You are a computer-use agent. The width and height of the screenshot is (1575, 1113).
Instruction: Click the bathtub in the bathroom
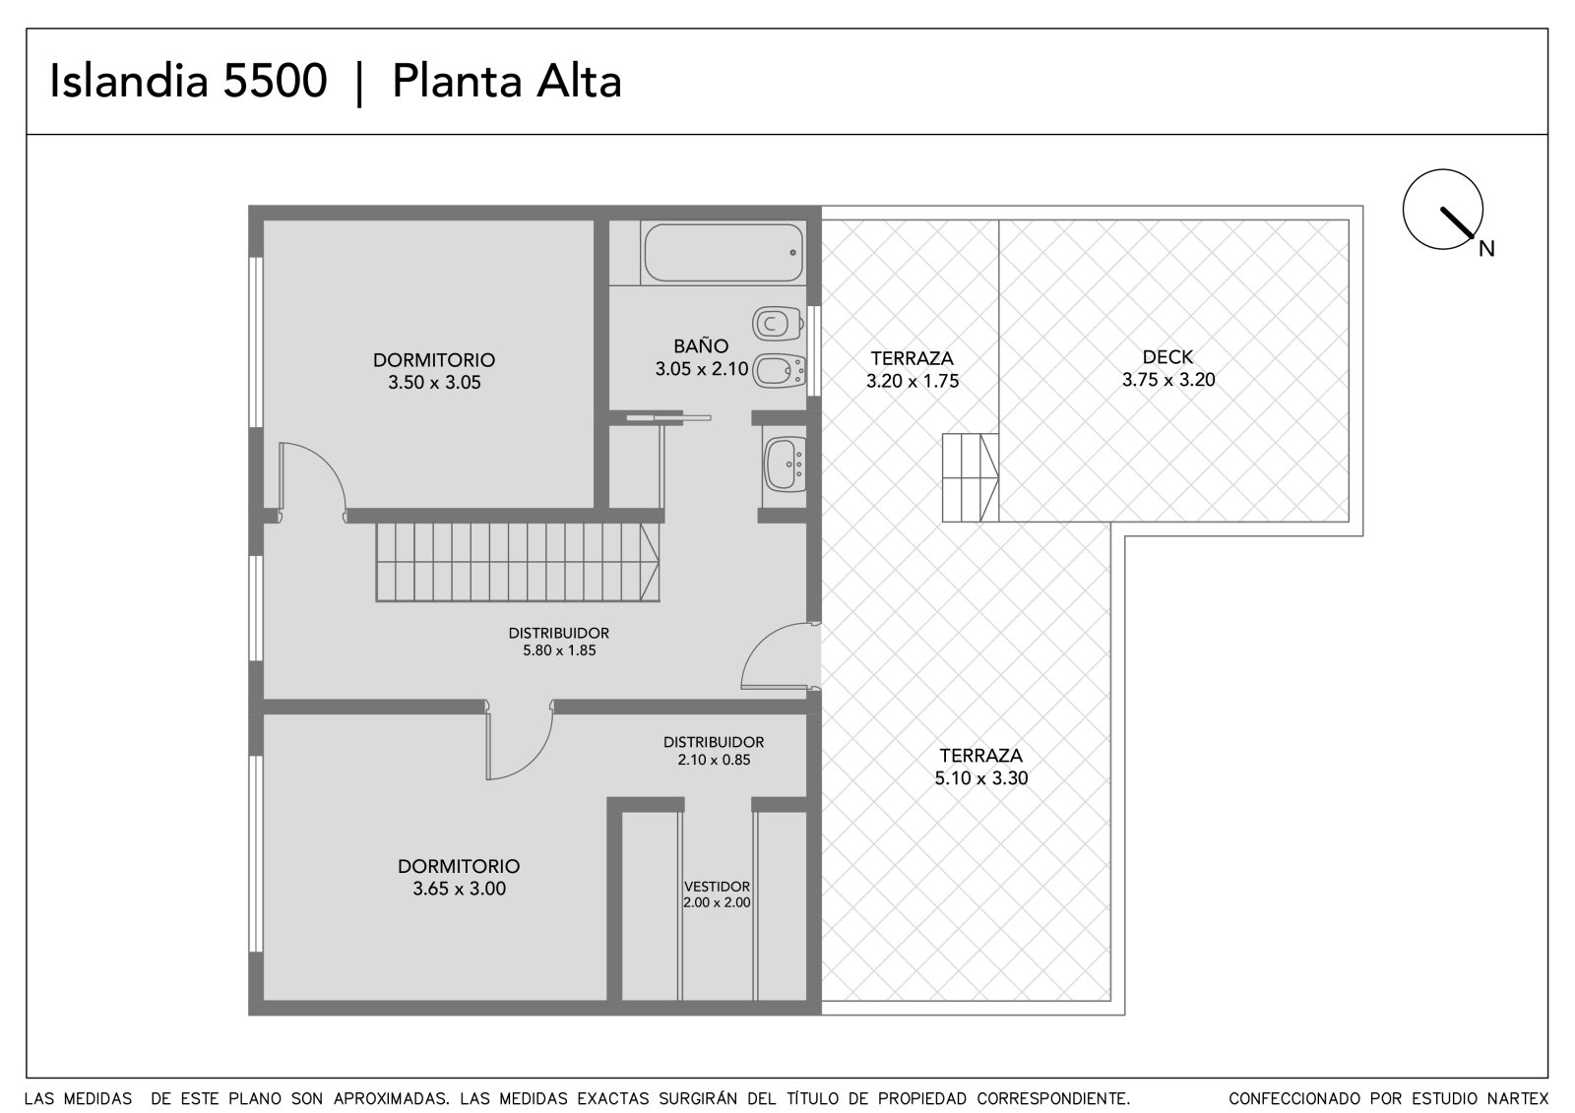pos(724,252)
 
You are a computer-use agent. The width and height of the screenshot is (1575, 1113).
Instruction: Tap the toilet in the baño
pos(778,324)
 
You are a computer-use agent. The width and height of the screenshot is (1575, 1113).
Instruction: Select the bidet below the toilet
pos(779,371)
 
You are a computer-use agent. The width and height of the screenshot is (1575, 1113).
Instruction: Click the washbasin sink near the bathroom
pos(786,464)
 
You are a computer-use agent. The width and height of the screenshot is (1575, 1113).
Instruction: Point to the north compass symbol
pos(1443,210)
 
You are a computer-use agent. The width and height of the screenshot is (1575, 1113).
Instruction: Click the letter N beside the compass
pos(1486,249)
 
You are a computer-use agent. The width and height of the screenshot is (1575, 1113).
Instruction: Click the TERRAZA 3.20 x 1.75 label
pos(912,369)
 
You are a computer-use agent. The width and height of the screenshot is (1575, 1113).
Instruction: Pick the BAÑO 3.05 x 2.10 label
pos(702,357)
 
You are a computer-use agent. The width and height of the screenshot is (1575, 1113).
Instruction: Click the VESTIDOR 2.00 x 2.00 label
pos(717,895)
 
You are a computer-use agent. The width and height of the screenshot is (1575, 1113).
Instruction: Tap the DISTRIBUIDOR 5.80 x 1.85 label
pos(559,642)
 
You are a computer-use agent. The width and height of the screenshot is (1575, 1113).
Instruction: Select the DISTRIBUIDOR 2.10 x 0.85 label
pos(714,750)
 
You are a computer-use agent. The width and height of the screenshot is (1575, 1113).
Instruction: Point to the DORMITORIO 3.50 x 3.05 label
pos(434,371)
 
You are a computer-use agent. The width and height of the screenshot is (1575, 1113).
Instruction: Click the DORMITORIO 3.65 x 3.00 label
pos(459,877)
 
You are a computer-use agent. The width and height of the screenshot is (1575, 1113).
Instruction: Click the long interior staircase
pos(518,562)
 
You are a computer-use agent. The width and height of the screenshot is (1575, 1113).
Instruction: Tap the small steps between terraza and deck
pos(971,478)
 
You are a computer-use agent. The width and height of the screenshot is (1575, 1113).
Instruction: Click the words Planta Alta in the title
pos(507,81)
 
